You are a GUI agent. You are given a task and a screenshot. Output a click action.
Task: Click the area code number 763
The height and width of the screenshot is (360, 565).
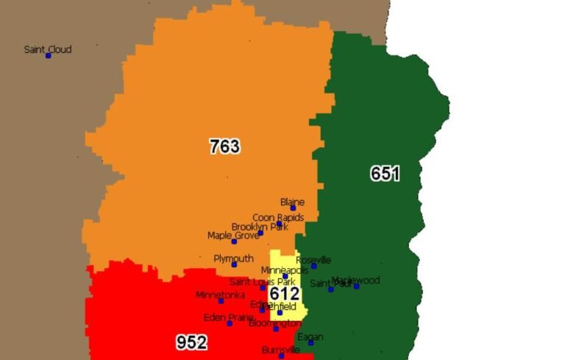click(x=224, y=147)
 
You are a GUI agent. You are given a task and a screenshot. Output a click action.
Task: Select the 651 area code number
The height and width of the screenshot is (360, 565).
click(x=385, y=174)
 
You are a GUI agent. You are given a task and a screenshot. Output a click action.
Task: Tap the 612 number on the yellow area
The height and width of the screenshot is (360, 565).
click(x=284, y=294)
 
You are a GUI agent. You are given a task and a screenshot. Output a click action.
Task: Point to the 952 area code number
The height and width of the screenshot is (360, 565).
click(x=191, y=342)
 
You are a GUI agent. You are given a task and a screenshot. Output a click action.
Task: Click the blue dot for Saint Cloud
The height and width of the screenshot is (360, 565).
click(x=49, y=56)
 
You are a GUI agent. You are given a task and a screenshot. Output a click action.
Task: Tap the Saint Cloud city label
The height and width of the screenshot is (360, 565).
click(x=48, y=49)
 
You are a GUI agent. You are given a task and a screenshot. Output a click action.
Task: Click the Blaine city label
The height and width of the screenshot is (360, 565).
click(x=292, y=202)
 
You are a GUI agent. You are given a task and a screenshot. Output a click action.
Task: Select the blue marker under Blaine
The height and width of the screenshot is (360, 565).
click(x=293, y=208)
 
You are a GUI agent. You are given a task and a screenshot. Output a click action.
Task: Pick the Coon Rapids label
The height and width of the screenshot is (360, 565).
click(x=278, y=217)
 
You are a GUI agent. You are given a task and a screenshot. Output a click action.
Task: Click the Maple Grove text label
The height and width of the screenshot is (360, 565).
click(x=233, y=235)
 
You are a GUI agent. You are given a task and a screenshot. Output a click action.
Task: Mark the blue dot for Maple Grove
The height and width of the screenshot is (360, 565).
click(x=234, y=241)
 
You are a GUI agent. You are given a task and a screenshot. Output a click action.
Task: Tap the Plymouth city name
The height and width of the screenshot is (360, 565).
click(x=233, y=258)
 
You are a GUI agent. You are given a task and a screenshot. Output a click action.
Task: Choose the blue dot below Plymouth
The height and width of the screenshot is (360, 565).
click(x=234, y=265)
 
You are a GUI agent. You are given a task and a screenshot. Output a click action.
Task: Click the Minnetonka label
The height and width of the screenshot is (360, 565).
click(x=220, y=294)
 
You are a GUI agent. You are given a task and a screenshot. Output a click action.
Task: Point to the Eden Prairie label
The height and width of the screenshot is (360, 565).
click(x=229, y=317)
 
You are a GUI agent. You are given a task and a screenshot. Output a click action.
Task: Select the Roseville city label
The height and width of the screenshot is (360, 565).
click(x=313, y=260)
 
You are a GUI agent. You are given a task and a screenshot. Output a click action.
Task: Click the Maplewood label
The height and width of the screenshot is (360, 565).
click(x=356, y=280)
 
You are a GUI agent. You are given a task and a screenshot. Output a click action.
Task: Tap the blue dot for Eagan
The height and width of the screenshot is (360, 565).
click(x=310, y=343)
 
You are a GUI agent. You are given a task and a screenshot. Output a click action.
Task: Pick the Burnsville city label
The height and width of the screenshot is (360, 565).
click(x=281, y=350)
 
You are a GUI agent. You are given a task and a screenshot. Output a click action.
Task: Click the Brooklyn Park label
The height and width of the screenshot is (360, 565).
click(x=260, y=227)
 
